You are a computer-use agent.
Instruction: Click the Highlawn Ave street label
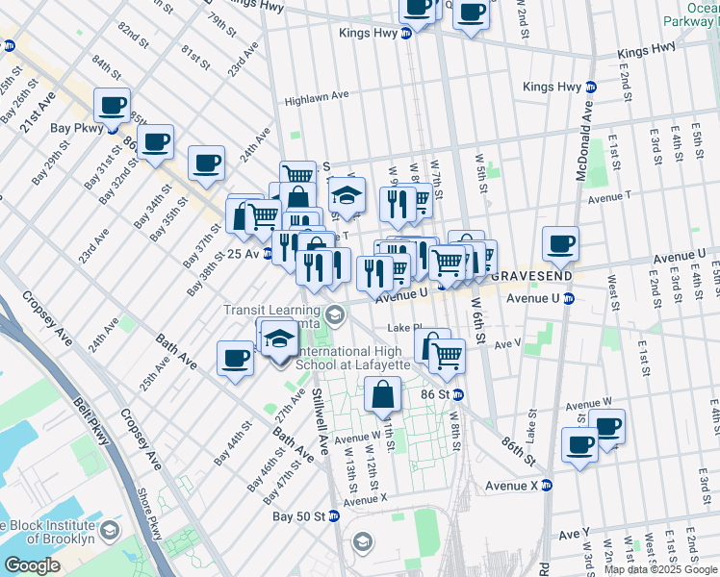click(316, 99)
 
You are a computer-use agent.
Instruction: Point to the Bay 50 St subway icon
click(334, 516)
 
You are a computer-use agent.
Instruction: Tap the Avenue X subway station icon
click(546, 486)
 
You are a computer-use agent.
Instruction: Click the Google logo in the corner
click(33, 565)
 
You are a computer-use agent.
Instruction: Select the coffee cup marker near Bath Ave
click(235, 360)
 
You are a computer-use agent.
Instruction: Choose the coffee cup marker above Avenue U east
click(560, 243)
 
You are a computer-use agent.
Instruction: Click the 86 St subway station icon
click(459, 394)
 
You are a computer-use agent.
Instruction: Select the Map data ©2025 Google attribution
click(661, 569)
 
